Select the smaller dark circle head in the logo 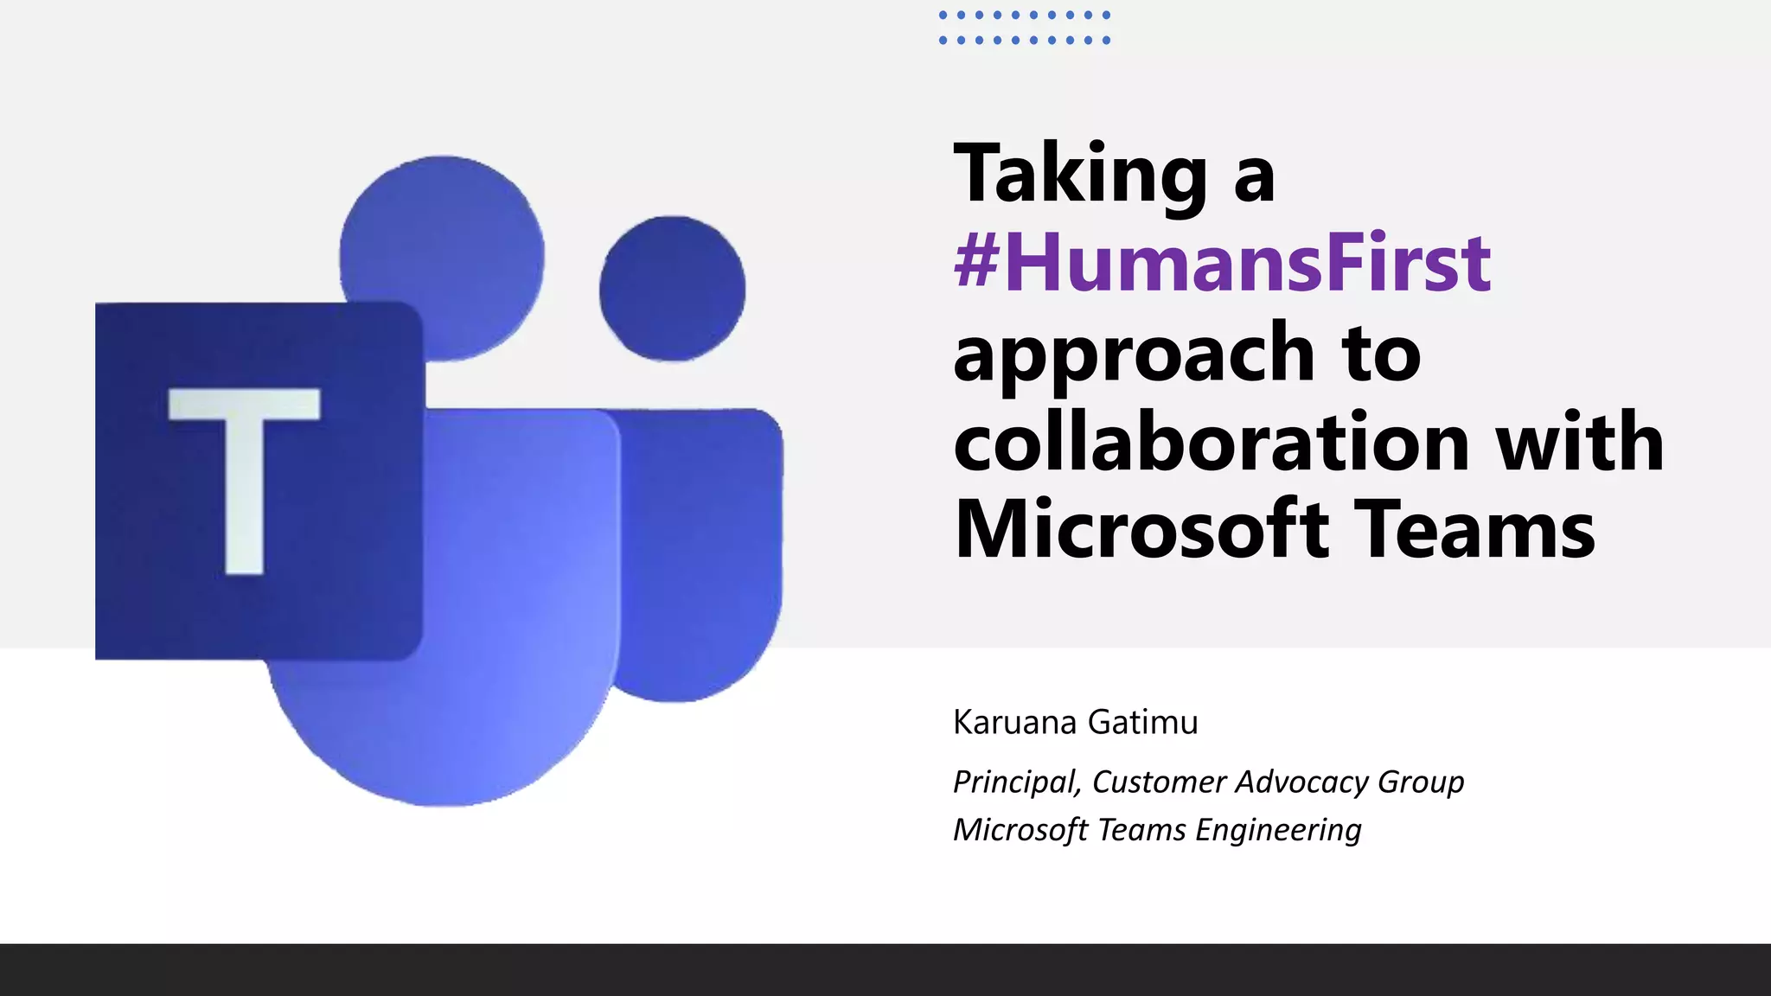[672, 288]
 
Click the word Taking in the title [1080, 176]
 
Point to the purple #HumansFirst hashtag [1222, 263]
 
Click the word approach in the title [1134, 354]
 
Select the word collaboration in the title [1212, 443]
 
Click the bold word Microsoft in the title [1141, 531]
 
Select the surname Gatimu [1142, 723]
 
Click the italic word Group [1421, 782]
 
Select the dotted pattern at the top [1025, 28]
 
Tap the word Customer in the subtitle [1158, 782]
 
